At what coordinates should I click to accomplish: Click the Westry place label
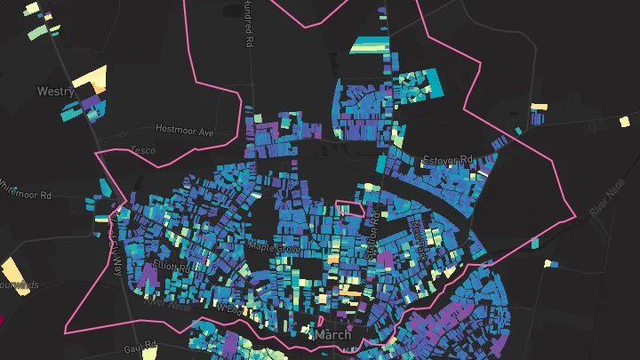point(56,91)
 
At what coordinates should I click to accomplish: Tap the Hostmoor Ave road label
point(185,130)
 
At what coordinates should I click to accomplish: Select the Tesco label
point(142,150)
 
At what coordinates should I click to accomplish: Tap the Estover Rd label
point(447,160)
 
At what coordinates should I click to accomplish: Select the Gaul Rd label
point(140,346)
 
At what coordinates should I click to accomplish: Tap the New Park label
point(419,238)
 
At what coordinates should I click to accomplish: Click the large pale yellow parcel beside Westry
point(89,78)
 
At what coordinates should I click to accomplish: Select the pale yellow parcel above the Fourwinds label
point(12,268)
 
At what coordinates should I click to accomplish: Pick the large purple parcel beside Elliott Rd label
point(146,276)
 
